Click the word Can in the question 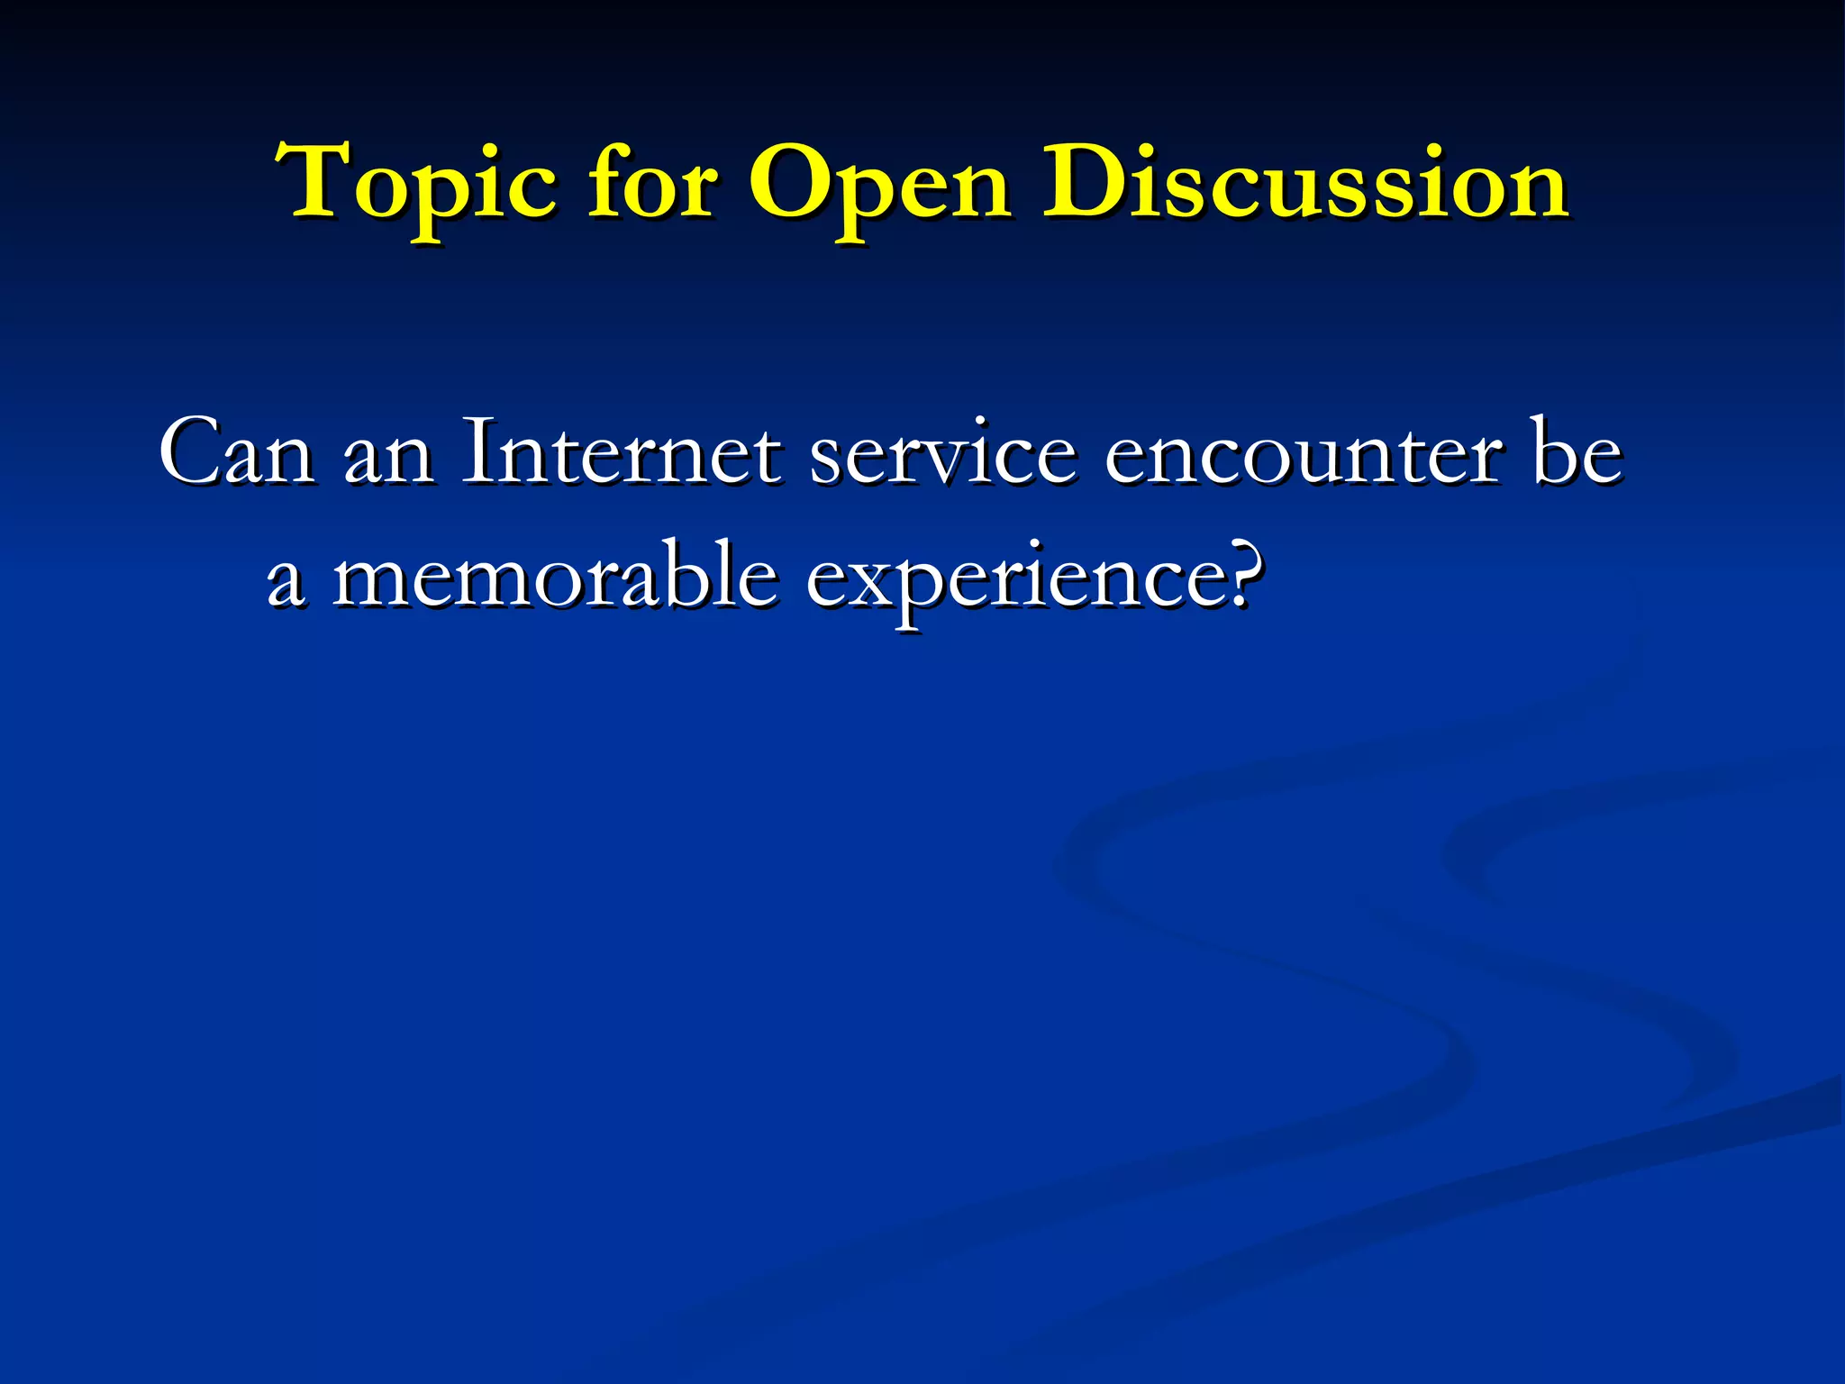236,452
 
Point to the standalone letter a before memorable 285,581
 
